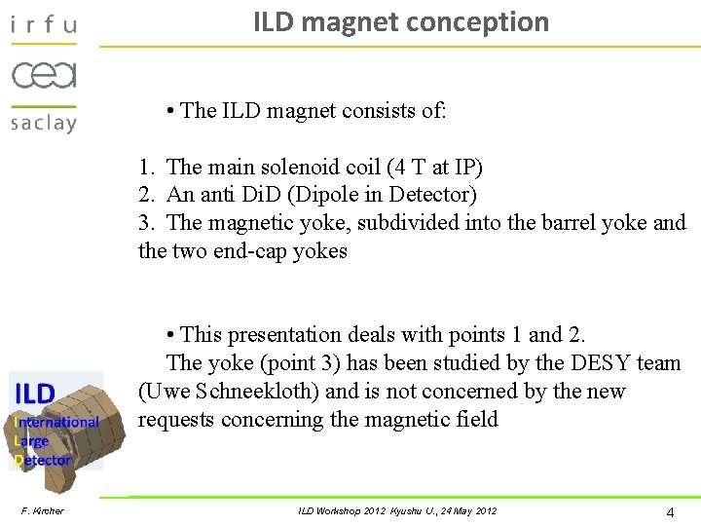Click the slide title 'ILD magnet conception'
(x=401, y=22)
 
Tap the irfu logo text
(x=43, y=24)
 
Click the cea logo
(x=43, y=75)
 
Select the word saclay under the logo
(x=43, y=123)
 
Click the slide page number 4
(x=670, y=512)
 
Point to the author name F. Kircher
(x=43, y=511)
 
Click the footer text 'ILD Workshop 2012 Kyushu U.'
(x=370, y=511)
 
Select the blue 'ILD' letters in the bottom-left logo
(x=34, y=394)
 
